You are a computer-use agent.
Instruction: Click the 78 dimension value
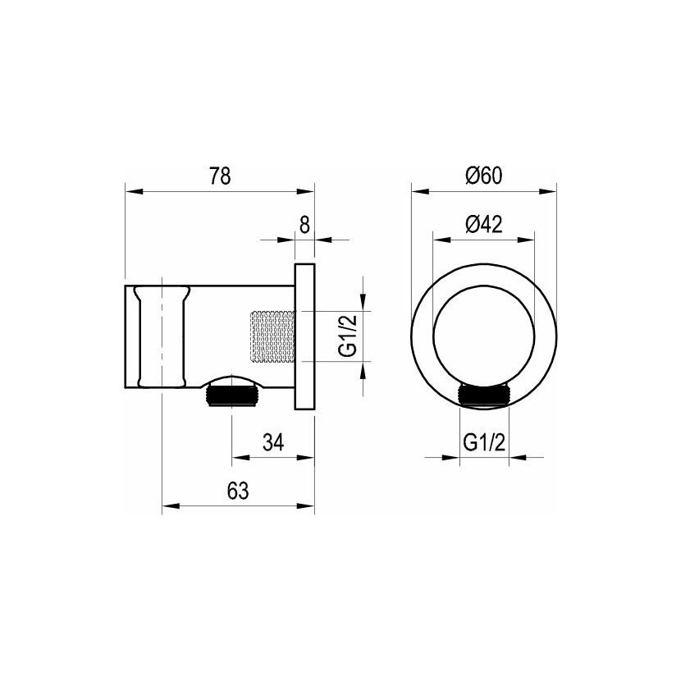(221, 176)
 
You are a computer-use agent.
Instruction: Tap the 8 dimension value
(305, 225)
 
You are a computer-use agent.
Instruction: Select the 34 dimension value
(273, 442)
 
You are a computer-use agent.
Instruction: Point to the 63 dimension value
(238, 491)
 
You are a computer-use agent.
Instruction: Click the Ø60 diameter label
(484, 176)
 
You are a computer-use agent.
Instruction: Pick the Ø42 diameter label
(484, 224)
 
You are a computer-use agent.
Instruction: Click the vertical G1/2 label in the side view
(348, 336)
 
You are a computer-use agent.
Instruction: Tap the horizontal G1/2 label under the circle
(484, 442)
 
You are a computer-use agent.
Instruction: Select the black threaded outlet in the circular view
(484, 395)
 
